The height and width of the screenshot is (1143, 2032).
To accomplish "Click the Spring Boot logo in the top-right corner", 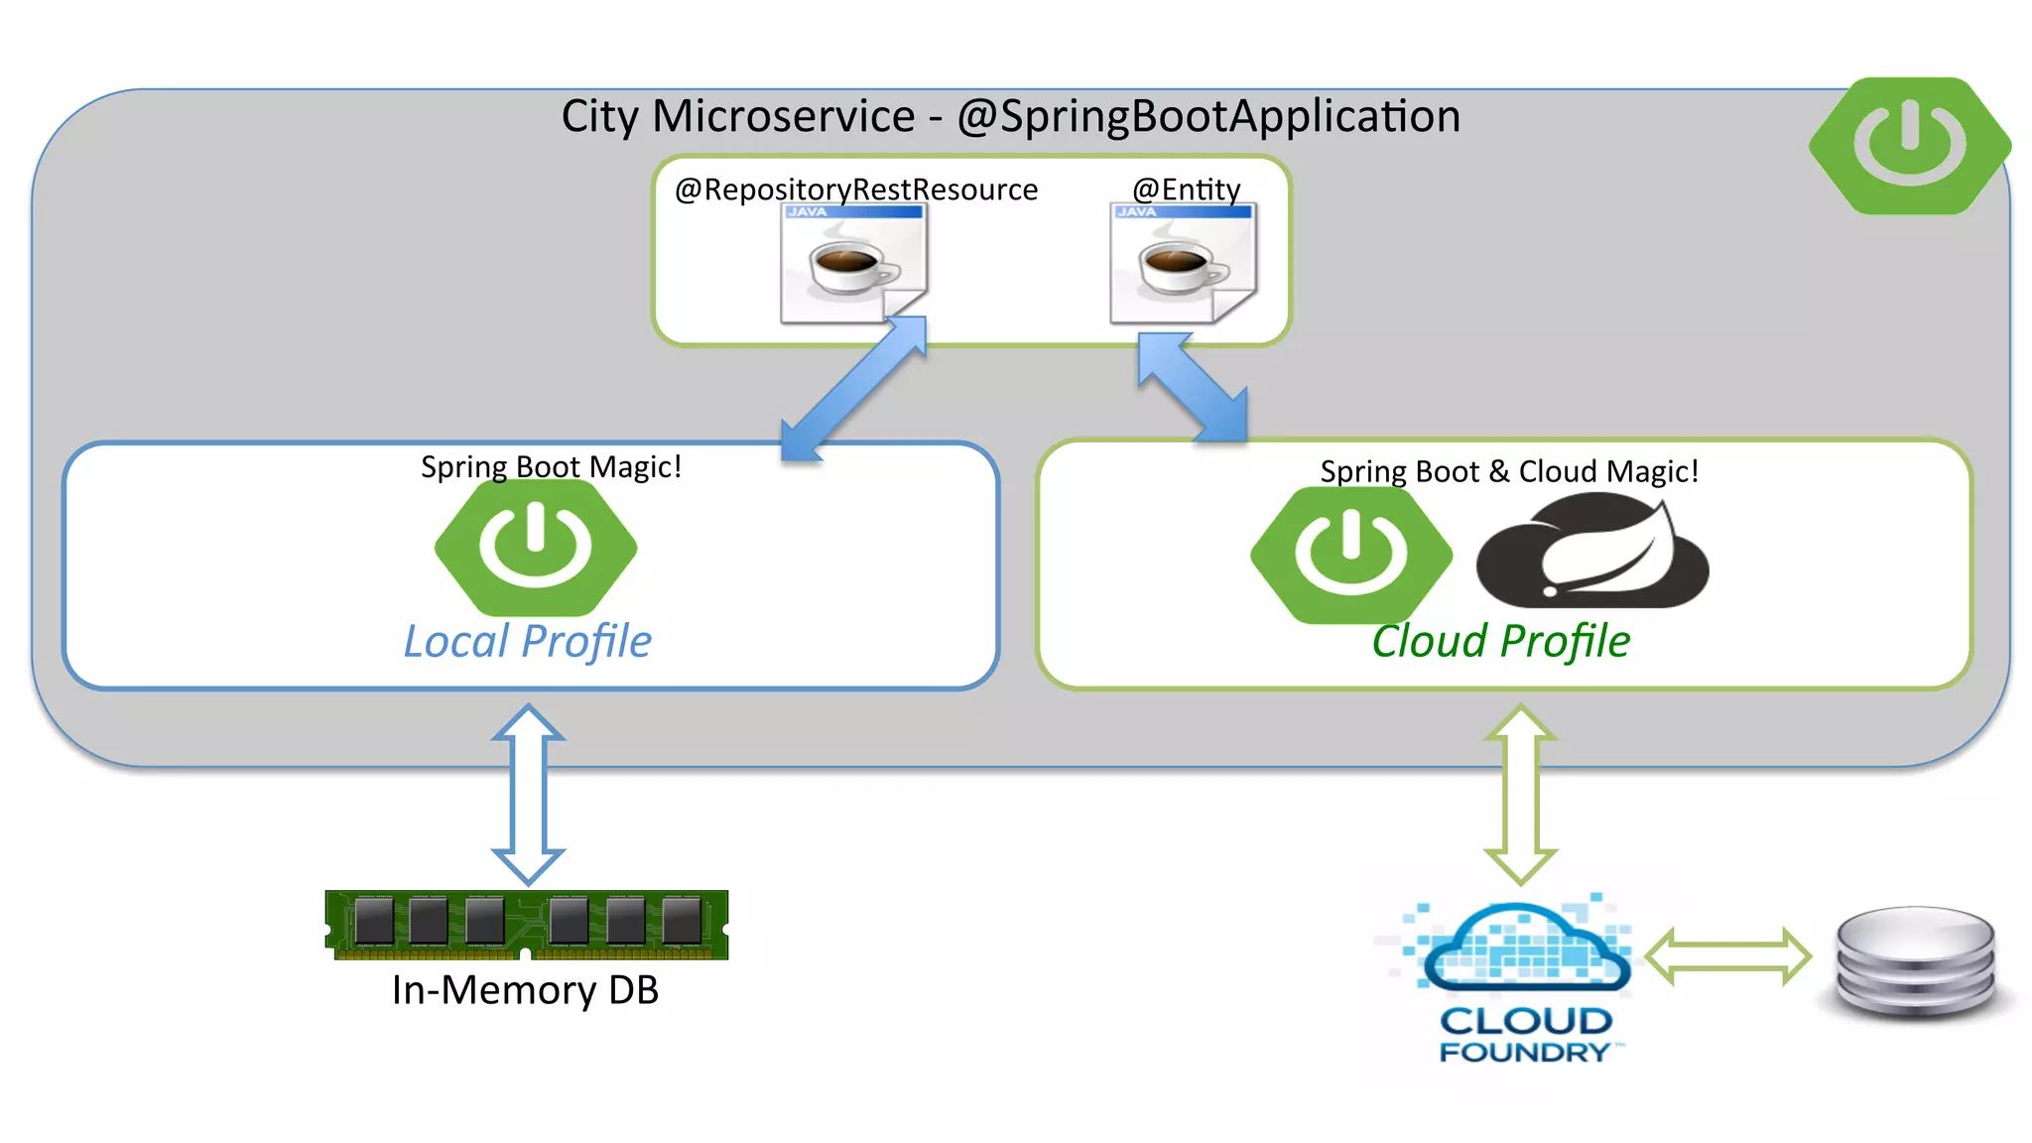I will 1909,146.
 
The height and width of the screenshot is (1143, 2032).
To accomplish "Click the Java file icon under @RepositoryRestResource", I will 853,264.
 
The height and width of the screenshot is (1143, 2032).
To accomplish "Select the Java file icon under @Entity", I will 1183,264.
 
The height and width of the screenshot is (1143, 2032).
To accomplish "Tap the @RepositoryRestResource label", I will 855,190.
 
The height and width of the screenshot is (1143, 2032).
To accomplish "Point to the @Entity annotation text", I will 1186,189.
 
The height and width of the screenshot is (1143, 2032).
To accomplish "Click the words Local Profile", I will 527,642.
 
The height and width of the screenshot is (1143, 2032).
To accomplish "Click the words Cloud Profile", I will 1500,642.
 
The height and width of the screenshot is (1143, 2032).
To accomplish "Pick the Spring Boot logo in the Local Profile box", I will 536,547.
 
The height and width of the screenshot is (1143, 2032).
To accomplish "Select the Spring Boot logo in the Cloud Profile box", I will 1350,554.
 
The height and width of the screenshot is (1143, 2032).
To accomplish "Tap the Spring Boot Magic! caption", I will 551,466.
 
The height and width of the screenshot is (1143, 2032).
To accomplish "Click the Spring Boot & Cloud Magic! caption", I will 1508,471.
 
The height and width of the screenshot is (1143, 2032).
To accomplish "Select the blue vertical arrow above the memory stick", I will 528,794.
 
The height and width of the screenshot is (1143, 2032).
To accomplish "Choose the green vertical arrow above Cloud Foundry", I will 1520,794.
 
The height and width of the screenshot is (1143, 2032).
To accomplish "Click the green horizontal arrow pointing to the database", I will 1727,956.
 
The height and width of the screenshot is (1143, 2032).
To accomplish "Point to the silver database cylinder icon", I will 1915,962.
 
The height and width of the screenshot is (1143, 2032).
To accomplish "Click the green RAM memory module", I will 527,924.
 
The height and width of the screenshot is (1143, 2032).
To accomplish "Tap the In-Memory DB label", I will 525,990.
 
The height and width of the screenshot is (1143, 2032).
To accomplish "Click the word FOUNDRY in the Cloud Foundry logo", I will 1524,1052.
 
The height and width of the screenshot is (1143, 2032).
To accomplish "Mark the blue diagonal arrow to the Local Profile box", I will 853,389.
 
